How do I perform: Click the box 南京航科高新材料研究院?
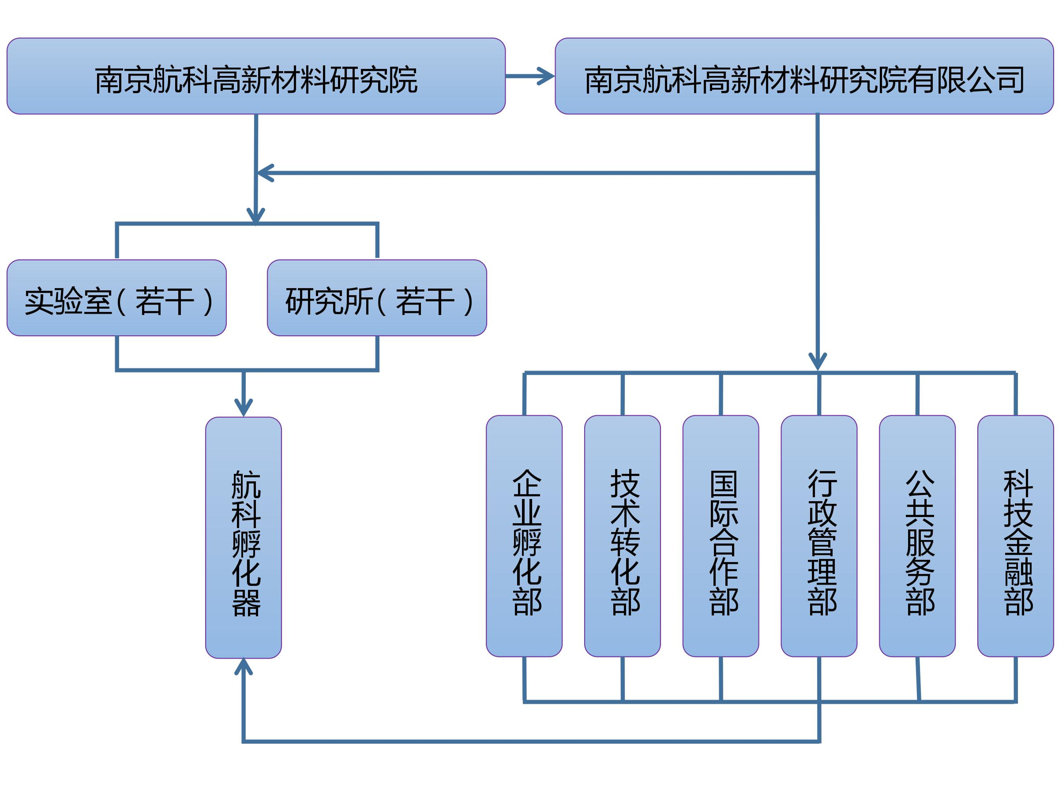click(255, 76)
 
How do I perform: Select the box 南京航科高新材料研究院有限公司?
click(804, 76)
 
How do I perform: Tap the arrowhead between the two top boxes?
click(546, 76)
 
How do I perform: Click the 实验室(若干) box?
click(116, 298)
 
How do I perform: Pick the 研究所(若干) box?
click(377, 298)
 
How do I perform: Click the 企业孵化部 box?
click(524, 536)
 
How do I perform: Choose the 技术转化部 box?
click(622, 536)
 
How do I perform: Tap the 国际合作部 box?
click(721, 536)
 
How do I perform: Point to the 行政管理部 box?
click(819, 536)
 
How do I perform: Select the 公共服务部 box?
click(917, 536)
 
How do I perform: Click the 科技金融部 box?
click(1015, 536)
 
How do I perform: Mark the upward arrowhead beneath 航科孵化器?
click(243, 667)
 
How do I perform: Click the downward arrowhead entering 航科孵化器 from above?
click(243, 407)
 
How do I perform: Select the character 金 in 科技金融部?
click(1018, 542)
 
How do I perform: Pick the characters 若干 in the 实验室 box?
click(165, 302)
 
